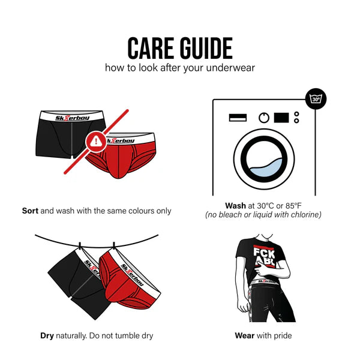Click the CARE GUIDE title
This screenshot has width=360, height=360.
[x=180, y=47]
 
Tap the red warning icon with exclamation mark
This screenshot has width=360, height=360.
[x=95, y=142]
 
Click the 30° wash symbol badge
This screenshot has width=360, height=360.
[x=316, y=98]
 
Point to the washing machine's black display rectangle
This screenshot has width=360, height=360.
[x=281, y=118]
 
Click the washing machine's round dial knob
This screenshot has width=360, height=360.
[x=264, y=118]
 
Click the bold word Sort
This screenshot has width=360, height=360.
[x=30, y=211]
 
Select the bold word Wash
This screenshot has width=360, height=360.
[x=235, y=205]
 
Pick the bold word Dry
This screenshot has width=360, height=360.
[x=47, y=335]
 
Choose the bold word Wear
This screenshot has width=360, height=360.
[x=244, y=335]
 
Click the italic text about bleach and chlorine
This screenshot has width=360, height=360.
[x=263, y=215]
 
